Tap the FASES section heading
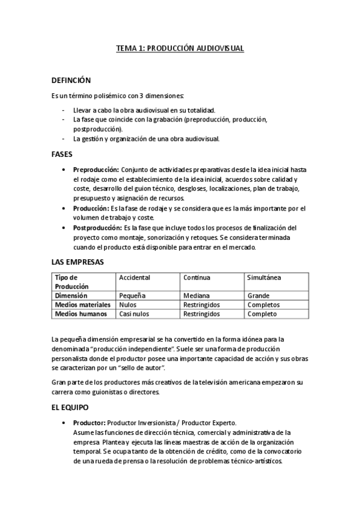click(62, 154)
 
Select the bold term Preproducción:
click(96, 170)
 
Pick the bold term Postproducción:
click(97, 228)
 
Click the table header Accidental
click(135, 277)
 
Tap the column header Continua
click(197, 277)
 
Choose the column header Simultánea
click(264, 277)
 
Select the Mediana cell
click(197, 296)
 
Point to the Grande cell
click(258, 296)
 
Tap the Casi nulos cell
click(134, 314)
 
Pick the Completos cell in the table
click(263, 305)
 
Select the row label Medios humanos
click(81, 314)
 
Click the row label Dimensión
click(72, 296)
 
